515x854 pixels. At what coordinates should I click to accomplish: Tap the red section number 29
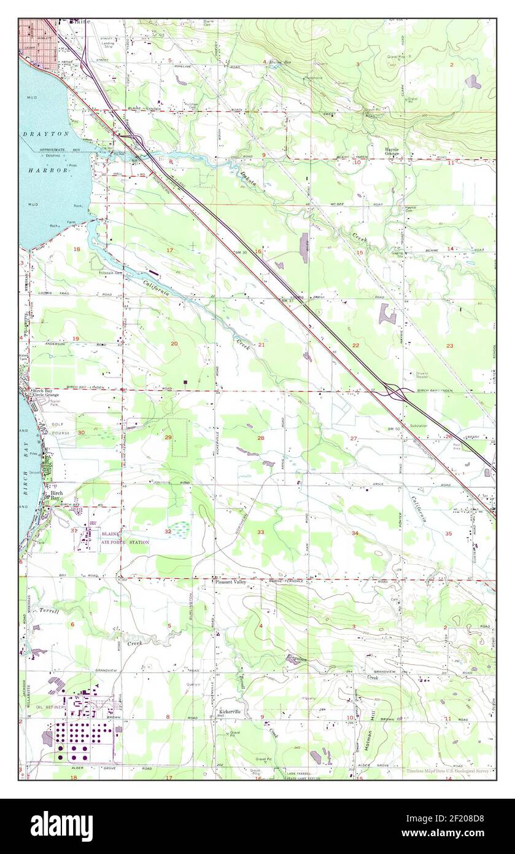click(x=168, y=437)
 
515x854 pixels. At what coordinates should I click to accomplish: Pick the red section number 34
click(x=355, y=533)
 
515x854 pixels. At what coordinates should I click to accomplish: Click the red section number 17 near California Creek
click(x=170, y=250)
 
